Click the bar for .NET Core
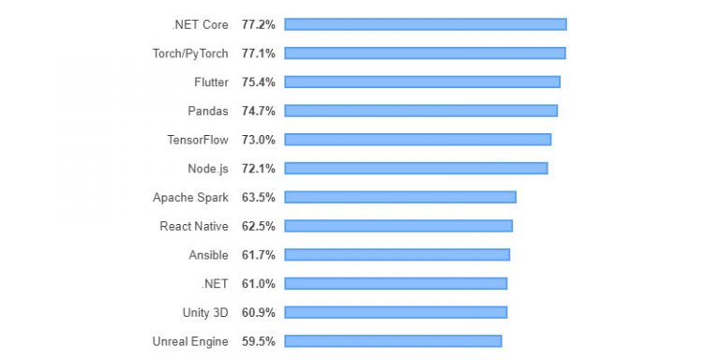pos(426,24)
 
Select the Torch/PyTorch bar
pos(425,53)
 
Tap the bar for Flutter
pos(422,82)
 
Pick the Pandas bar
pos(421,111)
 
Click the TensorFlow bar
pos(418,140)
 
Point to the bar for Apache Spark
pos(400,197)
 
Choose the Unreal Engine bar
pos(393,341)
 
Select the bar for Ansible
pos(397,255)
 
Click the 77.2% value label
pos(258,24)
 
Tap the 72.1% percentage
pos(258,169)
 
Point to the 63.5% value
pos(258,198)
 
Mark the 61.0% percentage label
pos(258,284)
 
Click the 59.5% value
pos(258,341)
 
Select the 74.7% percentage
pos(258,111)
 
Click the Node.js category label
pos(207,169)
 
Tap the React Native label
pos(193,226)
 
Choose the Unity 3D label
pos(204,312)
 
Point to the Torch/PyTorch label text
pos(189,53)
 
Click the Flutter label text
pos(211,82)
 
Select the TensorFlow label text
pos(197,140)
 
